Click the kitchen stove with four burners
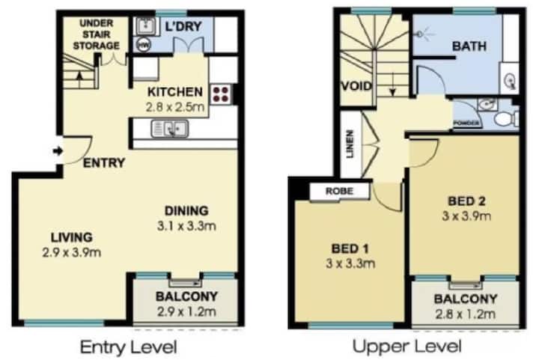[x=221, y=94]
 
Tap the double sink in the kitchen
[x=170, y=129]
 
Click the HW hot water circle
[x=143, y=45]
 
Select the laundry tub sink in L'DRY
[x=146, y=25]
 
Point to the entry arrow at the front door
[x=58, y=150]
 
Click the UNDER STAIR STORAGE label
[x=97, y=34]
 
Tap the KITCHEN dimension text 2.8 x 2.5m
[x=175, y=107]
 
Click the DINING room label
[x=186, y=210]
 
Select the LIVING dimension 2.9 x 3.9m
[x=72, y=253]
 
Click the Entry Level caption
[x=129, y=347]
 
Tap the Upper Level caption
[x=407, y=347]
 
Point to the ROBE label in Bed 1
[x=339, y=191]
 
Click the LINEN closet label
[x=350, y=144]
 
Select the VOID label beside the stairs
[x=356, y=86]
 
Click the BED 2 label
[x=466, y=201]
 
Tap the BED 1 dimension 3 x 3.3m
[x=350, y=263]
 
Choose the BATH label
[x=469, y=46]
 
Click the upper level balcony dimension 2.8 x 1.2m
[x=466, y=314]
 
